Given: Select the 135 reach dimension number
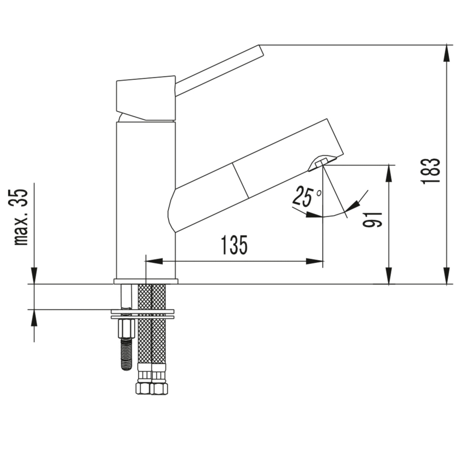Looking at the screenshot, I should (x=234, y=245).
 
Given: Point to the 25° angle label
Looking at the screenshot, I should (x=307, y=197).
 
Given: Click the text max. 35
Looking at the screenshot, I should (x=22, y=217).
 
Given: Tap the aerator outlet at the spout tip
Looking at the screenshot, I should (x=323, y=161).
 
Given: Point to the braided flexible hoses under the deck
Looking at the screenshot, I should (x=152, y=341).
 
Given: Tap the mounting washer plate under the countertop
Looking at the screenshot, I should (x=143, y=313).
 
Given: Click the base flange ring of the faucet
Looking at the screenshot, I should (x=146, y=281).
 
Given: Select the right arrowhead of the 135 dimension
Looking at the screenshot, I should (x=317, y=261).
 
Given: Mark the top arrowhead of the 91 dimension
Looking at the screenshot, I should (x=390, y=171).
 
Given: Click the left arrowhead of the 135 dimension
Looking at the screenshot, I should (x=152, y=261).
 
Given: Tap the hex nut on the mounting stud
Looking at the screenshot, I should (x=126, y=326).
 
